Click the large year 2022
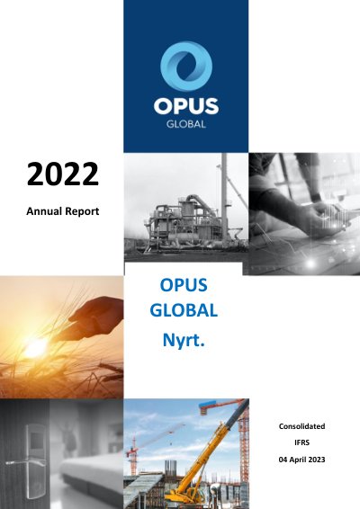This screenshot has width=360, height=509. coord(63,174)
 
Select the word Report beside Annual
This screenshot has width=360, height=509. coord(82,211)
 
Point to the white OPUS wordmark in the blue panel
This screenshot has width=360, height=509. coord(186,106)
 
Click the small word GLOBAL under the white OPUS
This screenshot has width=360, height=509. coord(186,124)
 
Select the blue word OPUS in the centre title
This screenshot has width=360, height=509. coord(184,285)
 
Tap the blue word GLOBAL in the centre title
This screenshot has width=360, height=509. coord(184,310)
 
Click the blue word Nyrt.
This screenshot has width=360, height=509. coord(184,340)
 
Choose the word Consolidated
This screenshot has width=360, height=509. coord(301,426)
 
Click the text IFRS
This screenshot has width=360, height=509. coord(301,442)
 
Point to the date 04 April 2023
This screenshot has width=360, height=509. coord(301,460)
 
